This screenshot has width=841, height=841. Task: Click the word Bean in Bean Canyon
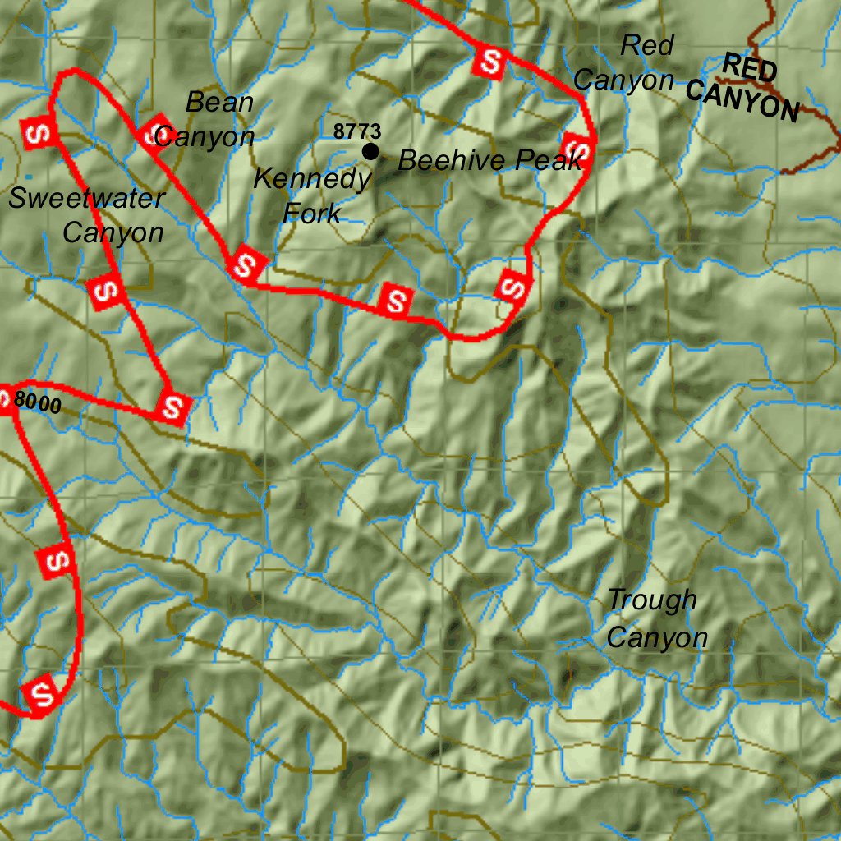(x=219, y=103)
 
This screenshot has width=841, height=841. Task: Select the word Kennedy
(x=312, y=178)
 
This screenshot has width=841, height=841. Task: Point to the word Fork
(x=311, y=214)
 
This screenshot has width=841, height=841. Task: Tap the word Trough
(x=652, y=600)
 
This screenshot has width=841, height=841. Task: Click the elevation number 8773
(x=357, y=131)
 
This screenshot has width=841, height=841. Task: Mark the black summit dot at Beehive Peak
(x=370, y=151)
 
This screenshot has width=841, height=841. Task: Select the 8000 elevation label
(x=37, y=403)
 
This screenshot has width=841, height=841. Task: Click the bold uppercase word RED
(x=750, y=68)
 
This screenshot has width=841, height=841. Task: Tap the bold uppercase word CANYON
(x=742, y=101)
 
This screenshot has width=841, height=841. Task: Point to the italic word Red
(x=646, y=46)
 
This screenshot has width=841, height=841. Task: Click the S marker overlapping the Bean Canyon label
(x=154, y=131)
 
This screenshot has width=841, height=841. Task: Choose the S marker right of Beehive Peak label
(x=577, y=149)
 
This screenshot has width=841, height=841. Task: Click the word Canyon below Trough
(x=657, y=637)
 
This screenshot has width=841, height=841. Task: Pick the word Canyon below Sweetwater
(x=113, y=232)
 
